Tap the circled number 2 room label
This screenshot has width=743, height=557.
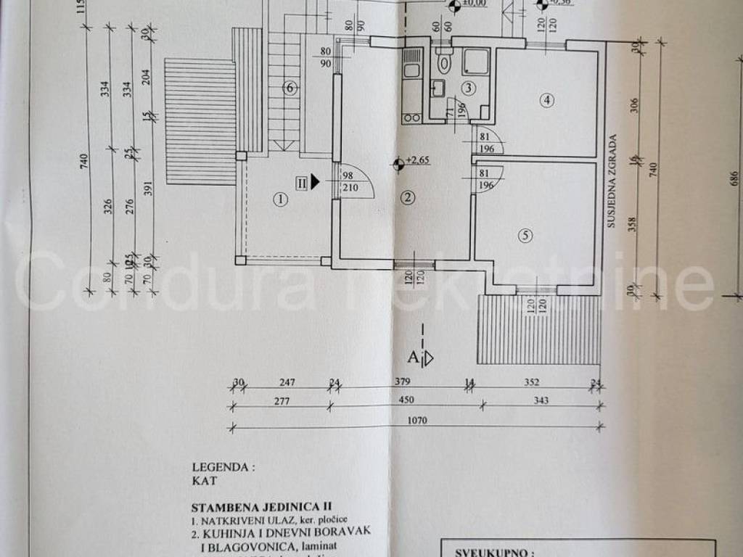pos(409,197)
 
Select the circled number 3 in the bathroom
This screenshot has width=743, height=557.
pos(469,89)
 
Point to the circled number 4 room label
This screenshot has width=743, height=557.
pos(547,101)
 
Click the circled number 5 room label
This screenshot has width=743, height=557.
pos(526,234)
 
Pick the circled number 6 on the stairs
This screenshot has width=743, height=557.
pos(290,88)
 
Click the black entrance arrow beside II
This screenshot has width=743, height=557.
pos(315,181)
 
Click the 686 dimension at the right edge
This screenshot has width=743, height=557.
pos(734,178)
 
